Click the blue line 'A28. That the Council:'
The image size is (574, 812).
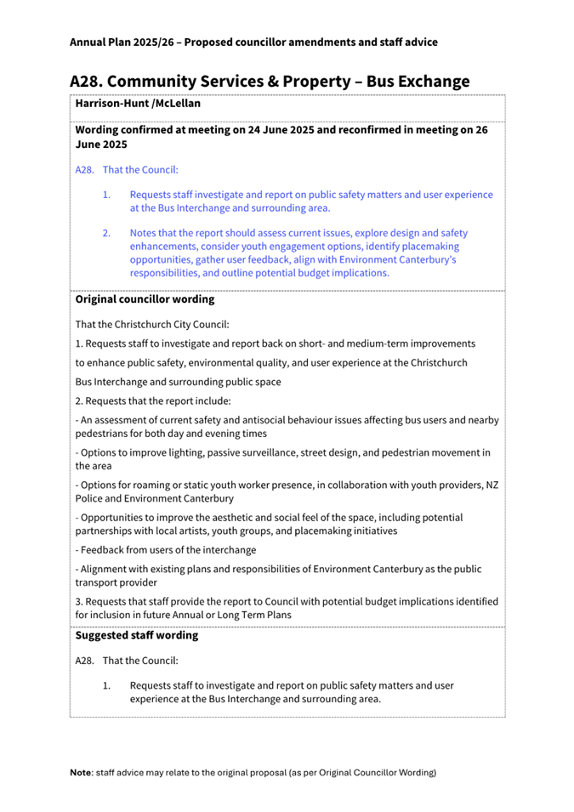point(127,170)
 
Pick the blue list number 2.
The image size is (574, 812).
point(107,233)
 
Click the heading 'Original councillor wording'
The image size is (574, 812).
point(145,300)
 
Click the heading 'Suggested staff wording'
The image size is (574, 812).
point(137,636)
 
